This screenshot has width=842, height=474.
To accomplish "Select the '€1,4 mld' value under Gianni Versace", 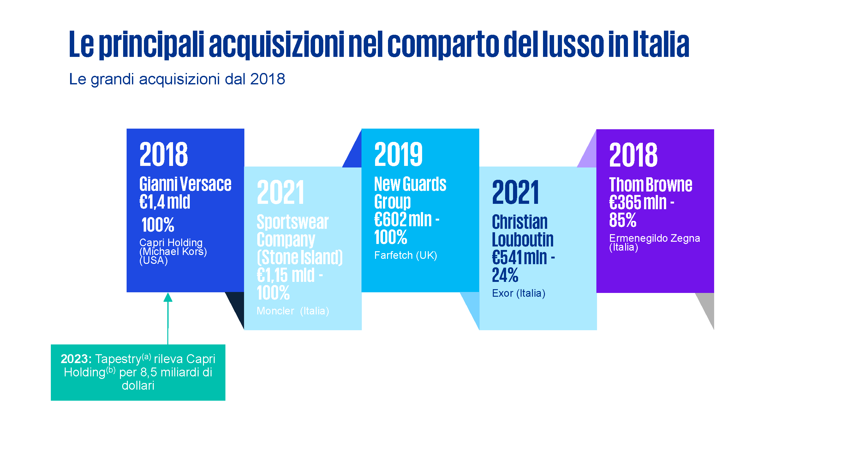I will point(165,202).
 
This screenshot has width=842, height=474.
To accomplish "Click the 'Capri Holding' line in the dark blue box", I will point(171,242).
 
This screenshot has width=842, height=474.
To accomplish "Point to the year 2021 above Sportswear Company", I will point(280,192).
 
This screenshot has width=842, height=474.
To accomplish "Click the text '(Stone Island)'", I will point(300,257).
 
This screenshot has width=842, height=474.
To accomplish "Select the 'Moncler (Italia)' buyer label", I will point(293,311).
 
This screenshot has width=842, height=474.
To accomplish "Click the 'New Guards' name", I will point(410,184).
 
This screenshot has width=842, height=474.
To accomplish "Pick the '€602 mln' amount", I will point(403,219).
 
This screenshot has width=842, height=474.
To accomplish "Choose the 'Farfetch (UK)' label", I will point(405,255).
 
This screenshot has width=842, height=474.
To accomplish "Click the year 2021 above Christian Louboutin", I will point(516,192).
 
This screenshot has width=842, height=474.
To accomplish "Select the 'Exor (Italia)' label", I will point(518,293).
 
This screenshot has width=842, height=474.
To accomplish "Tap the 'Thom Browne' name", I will point(650,185).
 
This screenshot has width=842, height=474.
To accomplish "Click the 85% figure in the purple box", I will point(623,220).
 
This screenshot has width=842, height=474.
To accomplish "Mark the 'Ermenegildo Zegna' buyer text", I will point(654,238).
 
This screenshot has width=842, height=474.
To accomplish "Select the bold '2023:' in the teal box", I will point(76,359).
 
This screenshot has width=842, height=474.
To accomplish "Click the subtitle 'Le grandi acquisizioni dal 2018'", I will point(177,79).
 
